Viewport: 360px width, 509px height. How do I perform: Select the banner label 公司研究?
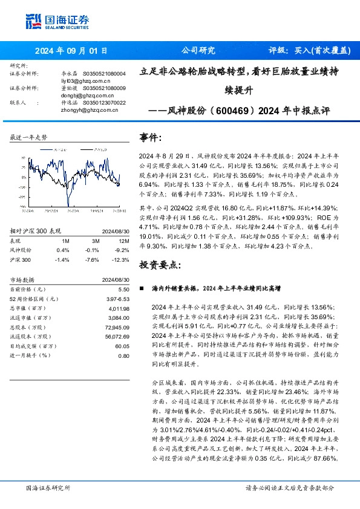point(198,51)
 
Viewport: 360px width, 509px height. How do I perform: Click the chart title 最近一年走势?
point(29,138)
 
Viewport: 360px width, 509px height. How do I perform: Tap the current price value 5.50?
point(124,290)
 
